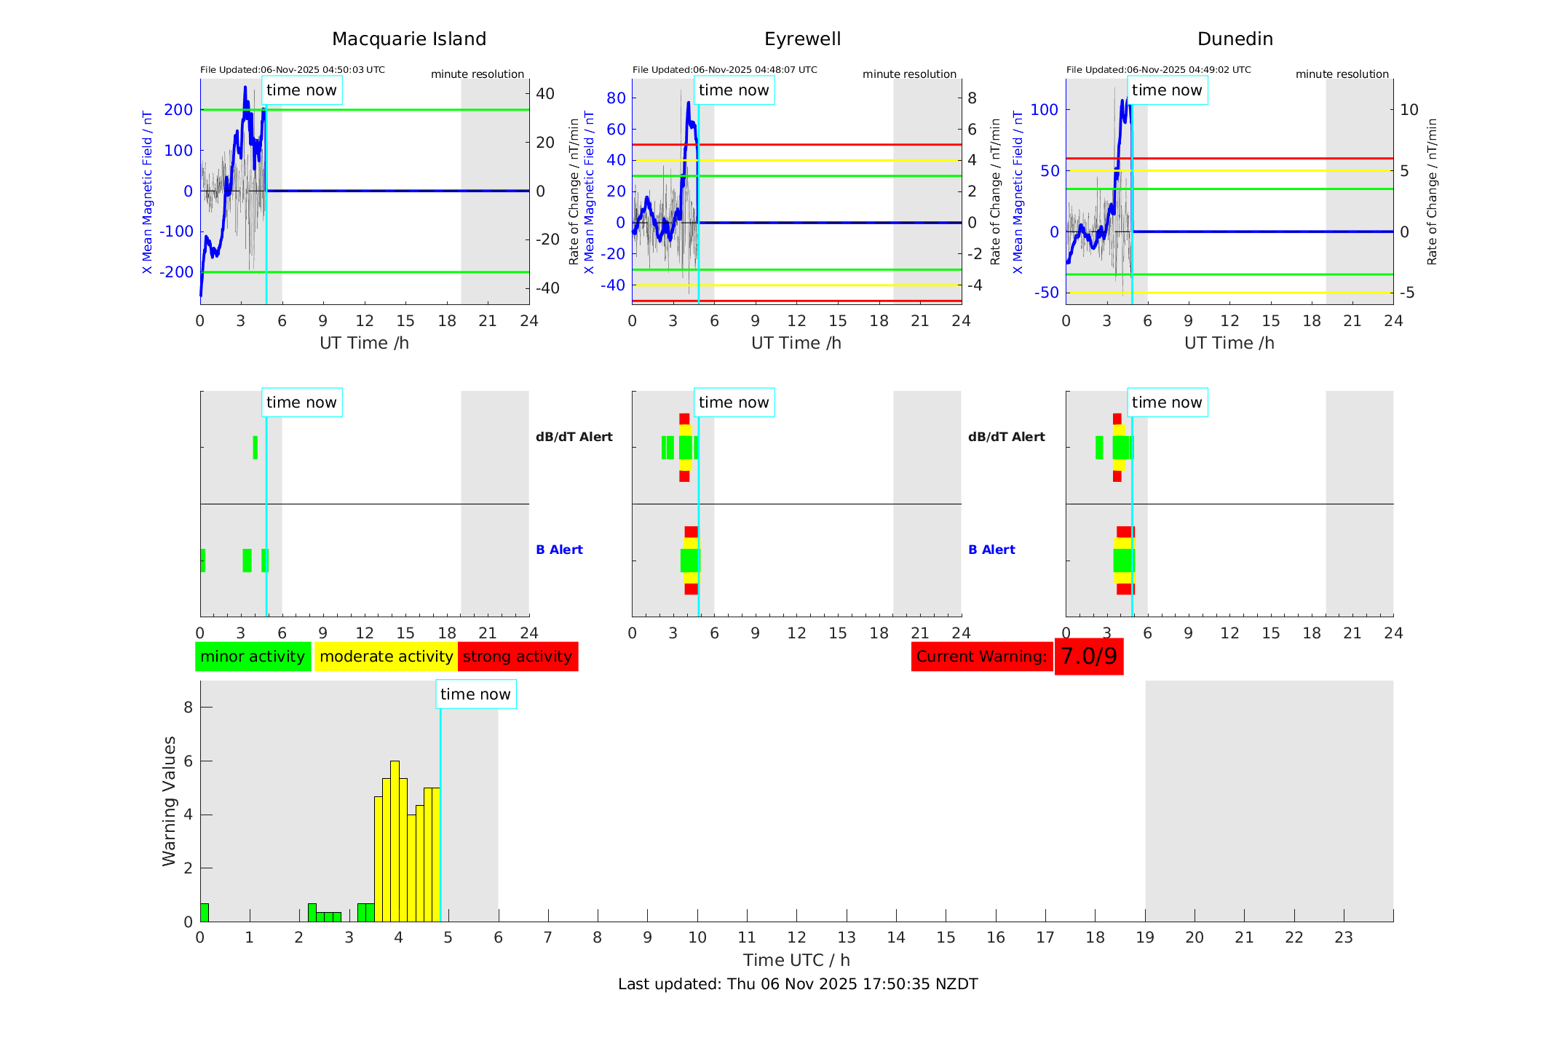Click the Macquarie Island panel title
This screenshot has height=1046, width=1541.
(408, 39)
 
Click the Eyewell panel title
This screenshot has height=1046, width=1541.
(802, 39)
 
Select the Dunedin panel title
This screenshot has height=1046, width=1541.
(1235, 39)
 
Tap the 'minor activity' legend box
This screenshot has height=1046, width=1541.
(253, 657)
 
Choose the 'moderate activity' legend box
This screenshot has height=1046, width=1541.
(386, 657)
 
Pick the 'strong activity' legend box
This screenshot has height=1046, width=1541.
(518, 657)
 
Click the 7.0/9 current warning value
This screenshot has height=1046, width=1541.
(1088, 657)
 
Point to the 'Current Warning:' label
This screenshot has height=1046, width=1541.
(981, 657)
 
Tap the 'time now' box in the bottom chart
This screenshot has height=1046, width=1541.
(475, 694)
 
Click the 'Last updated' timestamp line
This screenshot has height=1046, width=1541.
(798, 984)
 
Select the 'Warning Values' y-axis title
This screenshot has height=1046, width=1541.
(169, 801)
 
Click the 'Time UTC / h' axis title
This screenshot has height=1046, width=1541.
(796, 960)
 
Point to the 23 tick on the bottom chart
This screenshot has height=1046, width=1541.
(1343, 938)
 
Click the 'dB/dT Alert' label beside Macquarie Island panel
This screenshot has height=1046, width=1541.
(574, 437)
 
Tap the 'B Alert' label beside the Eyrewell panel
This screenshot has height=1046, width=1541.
(991, 550)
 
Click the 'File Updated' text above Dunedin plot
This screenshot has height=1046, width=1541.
(1158, 70)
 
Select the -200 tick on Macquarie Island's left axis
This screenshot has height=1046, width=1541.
(178, 272)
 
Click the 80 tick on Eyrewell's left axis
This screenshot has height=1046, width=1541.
(616, 98)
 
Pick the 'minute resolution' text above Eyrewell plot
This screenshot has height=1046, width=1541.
(909, 74)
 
